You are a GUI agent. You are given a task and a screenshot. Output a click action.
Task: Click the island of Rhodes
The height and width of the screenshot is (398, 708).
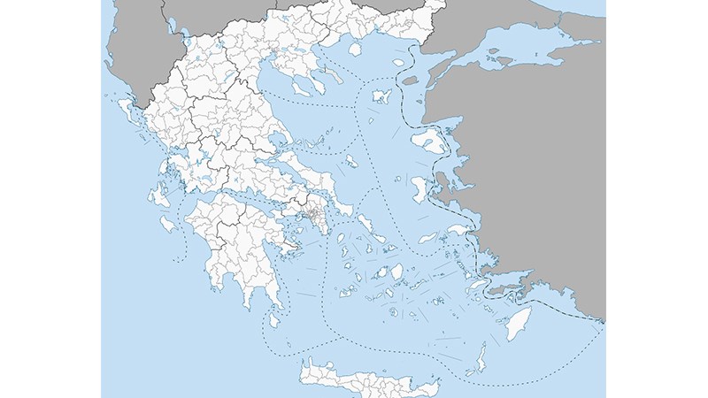tap(516, 325)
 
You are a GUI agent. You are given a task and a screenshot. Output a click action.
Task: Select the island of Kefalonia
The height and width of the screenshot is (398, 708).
tap(163, 194)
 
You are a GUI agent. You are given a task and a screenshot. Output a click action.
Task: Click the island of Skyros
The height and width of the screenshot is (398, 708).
tap(351, 162)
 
